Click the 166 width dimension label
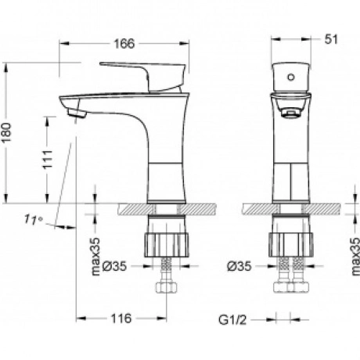pyautogui.click(x=124, y=44)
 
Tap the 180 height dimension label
pyautogui.click(x=7, y=132)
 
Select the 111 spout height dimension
pyautogui.click(x=48, y=160)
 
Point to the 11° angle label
pyautogui.click(x=34, y=220)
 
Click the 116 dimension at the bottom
pyautogui.click(x=121, y=319)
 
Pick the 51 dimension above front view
pyautogui.click(x=331, y=40)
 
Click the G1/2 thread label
pyautogui.click(x=232, y=320)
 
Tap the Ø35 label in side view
pyautogui.click(x=114, y=266)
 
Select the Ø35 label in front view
pyautogui.click(x=239, y=266)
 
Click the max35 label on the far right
pyautogui.click(x=355, y=257)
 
